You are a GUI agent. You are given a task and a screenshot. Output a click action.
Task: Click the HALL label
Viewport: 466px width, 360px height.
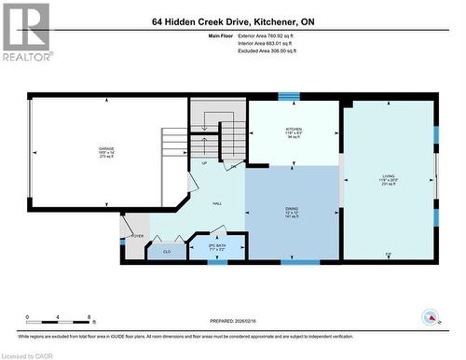tap(216, 203)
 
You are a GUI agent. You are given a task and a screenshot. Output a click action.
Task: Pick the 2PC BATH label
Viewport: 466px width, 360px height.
tap(216, 245)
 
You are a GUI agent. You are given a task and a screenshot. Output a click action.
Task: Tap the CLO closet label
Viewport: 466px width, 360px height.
tap(167, 251)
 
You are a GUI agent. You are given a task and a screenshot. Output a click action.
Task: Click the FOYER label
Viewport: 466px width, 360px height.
tap(137, 237)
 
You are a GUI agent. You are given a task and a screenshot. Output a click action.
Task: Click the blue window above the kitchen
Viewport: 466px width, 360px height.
tap(289, 95)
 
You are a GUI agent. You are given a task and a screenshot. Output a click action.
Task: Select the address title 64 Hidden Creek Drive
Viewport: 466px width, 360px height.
tap(232, 21)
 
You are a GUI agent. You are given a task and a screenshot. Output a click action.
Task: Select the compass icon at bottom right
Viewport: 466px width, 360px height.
tap(432, 318)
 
